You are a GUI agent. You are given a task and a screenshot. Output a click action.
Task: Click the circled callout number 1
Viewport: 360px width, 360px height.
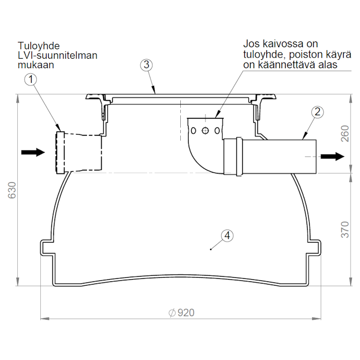click(x=30, y=80)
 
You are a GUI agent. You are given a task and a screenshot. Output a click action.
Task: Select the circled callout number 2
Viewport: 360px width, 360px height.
click(x=318, y=112)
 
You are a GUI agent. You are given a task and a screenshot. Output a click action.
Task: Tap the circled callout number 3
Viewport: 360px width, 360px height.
click(x=147, y=65)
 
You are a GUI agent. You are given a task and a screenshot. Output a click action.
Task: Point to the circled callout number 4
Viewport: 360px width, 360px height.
click(x=227, y=236)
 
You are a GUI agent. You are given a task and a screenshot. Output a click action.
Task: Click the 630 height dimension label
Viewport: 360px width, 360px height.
click(x=12, y=190)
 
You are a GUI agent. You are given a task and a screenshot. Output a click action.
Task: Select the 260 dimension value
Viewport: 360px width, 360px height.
click(x=345, y=134)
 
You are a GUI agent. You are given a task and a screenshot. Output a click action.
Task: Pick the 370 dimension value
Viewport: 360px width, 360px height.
click(x=345, y=230)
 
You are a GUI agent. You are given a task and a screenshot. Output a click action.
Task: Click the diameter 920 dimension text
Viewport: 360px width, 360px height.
click(x=181, y=313)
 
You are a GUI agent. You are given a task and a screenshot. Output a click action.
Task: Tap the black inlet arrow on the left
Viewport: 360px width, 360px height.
click(x=33, y=152)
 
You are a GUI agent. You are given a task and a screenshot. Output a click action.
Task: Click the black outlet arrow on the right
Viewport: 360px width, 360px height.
click(x=332, y=156)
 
